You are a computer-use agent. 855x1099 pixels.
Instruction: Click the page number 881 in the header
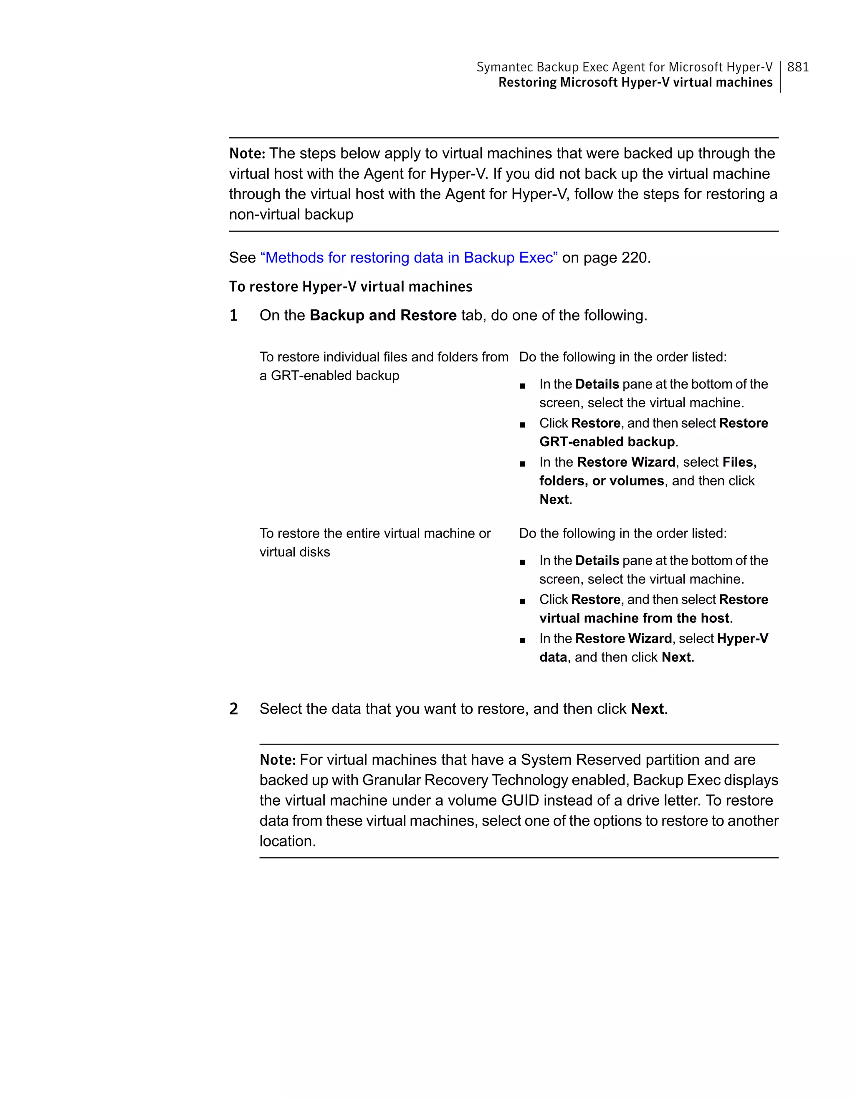tap(798, 67)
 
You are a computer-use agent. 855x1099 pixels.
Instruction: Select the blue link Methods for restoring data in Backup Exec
tap(409, 258)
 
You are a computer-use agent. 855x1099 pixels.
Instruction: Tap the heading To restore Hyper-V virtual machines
tap(350, 287)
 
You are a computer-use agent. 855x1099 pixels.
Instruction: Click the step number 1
tap(233, 316)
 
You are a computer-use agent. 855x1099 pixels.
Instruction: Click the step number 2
tap(233, 709)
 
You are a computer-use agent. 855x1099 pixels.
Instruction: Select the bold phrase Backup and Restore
tap(383, 316)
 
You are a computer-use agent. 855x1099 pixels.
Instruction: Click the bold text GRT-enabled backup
tap(607, 442)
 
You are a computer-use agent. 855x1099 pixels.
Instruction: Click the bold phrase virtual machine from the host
tap(634, 619)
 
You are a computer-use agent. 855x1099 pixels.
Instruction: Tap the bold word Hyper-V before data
tap(742, 639)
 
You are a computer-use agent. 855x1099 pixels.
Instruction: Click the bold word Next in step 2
tap(647, 709)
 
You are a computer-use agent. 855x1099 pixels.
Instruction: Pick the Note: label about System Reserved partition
tap(277, 760)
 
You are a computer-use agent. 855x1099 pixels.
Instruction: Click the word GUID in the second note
tap(520, 801)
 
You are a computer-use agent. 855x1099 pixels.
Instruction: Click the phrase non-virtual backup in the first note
tap(291, 215)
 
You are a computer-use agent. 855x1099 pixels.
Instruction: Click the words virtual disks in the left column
tap(294, 552)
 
